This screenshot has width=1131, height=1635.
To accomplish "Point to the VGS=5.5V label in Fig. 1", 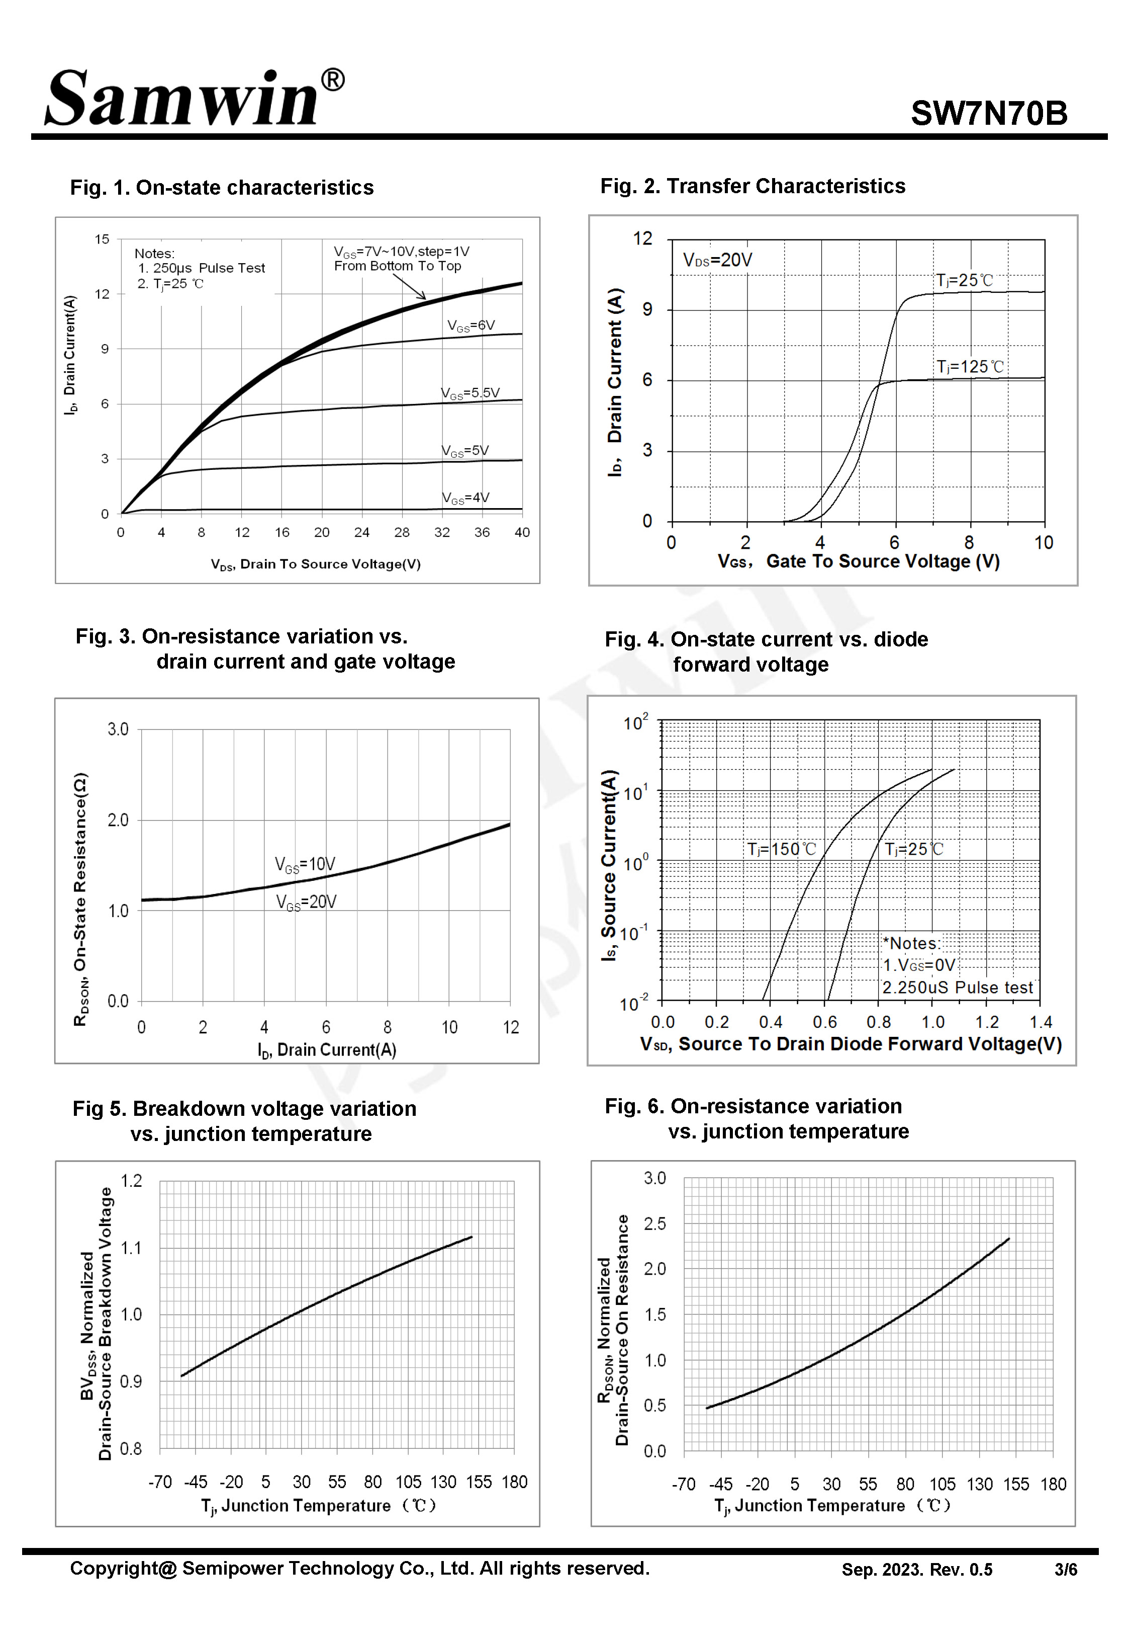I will pos(470,393).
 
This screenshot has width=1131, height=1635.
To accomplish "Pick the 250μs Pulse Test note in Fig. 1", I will pos(201,268).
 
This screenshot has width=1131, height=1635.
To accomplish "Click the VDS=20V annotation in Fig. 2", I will pos(717,260).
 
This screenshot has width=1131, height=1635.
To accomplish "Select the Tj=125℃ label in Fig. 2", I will pos(970,367).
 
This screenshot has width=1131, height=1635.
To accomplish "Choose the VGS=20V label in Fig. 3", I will pos(306,902).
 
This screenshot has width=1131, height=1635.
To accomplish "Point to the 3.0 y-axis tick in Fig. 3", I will pos(118,729).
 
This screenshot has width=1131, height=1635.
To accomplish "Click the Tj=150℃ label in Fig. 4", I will pos(781,849).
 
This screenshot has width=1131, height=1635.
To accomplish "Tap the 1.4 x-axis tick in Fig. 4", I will pos(1041,1022).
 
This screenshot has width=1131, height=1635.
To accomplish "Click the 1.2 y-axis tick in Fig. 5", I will pos(131,1181).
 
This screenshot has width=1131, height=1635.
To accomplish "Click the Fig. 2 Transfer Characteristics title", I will pos(752,187).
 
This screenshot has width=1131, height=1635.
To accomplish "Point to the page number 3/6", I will pos(1065,1570).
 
